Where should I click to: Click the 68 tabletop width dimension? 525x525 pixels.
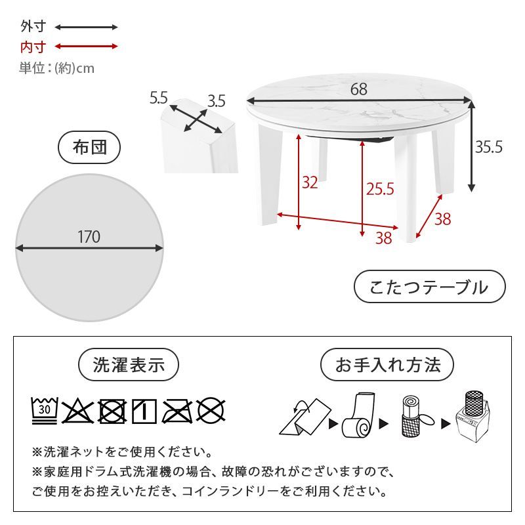point(358,89)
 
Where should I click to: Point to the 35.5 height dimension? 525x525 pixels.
point(489,148)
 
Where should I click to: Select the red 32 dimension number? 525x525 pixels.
point(310,182)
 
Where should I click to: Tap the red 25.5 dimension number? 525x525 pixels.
point(380,190)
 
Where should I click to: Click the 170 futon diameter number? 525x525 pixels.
point(89,237)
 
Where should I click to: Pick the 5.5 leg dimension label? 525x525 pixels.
point(159,98)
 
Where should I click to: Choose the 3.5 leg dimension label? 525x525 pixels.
point(216,101)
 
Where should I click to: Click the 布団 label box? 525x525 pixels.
point(89,148)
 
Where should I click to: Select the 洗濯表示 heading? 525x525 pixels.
point(129,366)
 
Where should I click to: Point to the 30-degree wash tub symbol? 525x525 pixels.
point(45,410)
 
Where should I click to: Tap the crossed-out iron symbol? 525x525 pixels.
point(177,411)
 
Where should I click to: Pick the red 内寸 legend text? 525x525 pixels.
point(33,47)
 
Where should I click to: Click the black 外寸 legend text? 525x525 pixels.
point(33,28)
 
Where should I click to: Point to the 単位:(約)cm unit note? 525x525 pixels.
point(56,68)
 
